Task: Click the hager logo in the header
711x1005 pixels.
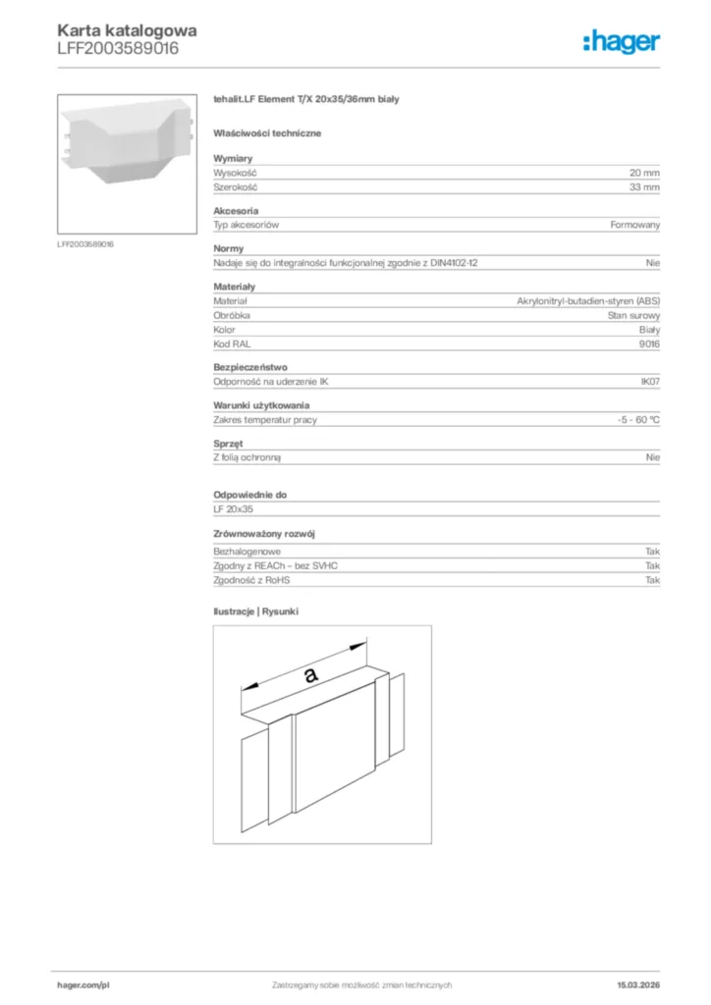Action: (621, 41)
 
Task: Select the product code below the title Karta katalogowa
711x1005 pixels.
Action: (118, 48)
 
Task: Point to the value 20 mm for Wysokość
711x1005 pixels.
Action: (644, 172)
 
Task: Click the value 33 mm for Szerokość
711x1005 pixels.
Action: (644, 186)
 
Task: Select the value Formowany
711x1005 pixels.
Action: (634, 225)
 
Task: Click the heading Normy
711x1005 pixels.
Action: (229, 248)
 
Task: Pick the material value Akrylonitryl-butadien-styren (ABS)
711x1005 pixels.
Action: (588, 300)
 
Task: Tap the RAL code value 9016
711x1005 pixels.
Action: (649, 344)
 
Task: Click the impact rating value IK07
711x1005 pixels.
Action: (649, 382)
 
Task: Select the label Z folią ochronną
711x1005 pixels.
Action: (253, 457)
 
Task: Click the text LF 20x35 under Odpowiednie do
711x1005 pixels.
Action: (233, 509)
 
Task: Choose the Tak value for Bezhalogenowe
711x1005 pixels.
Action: (652, 552)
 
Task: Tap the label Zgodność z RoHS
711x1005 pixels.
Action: (251, 580)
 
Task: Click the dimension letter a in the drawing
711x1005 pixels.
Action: (310, 674)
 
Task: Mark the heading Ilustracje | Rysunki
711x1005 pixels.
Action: (256, 611)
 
